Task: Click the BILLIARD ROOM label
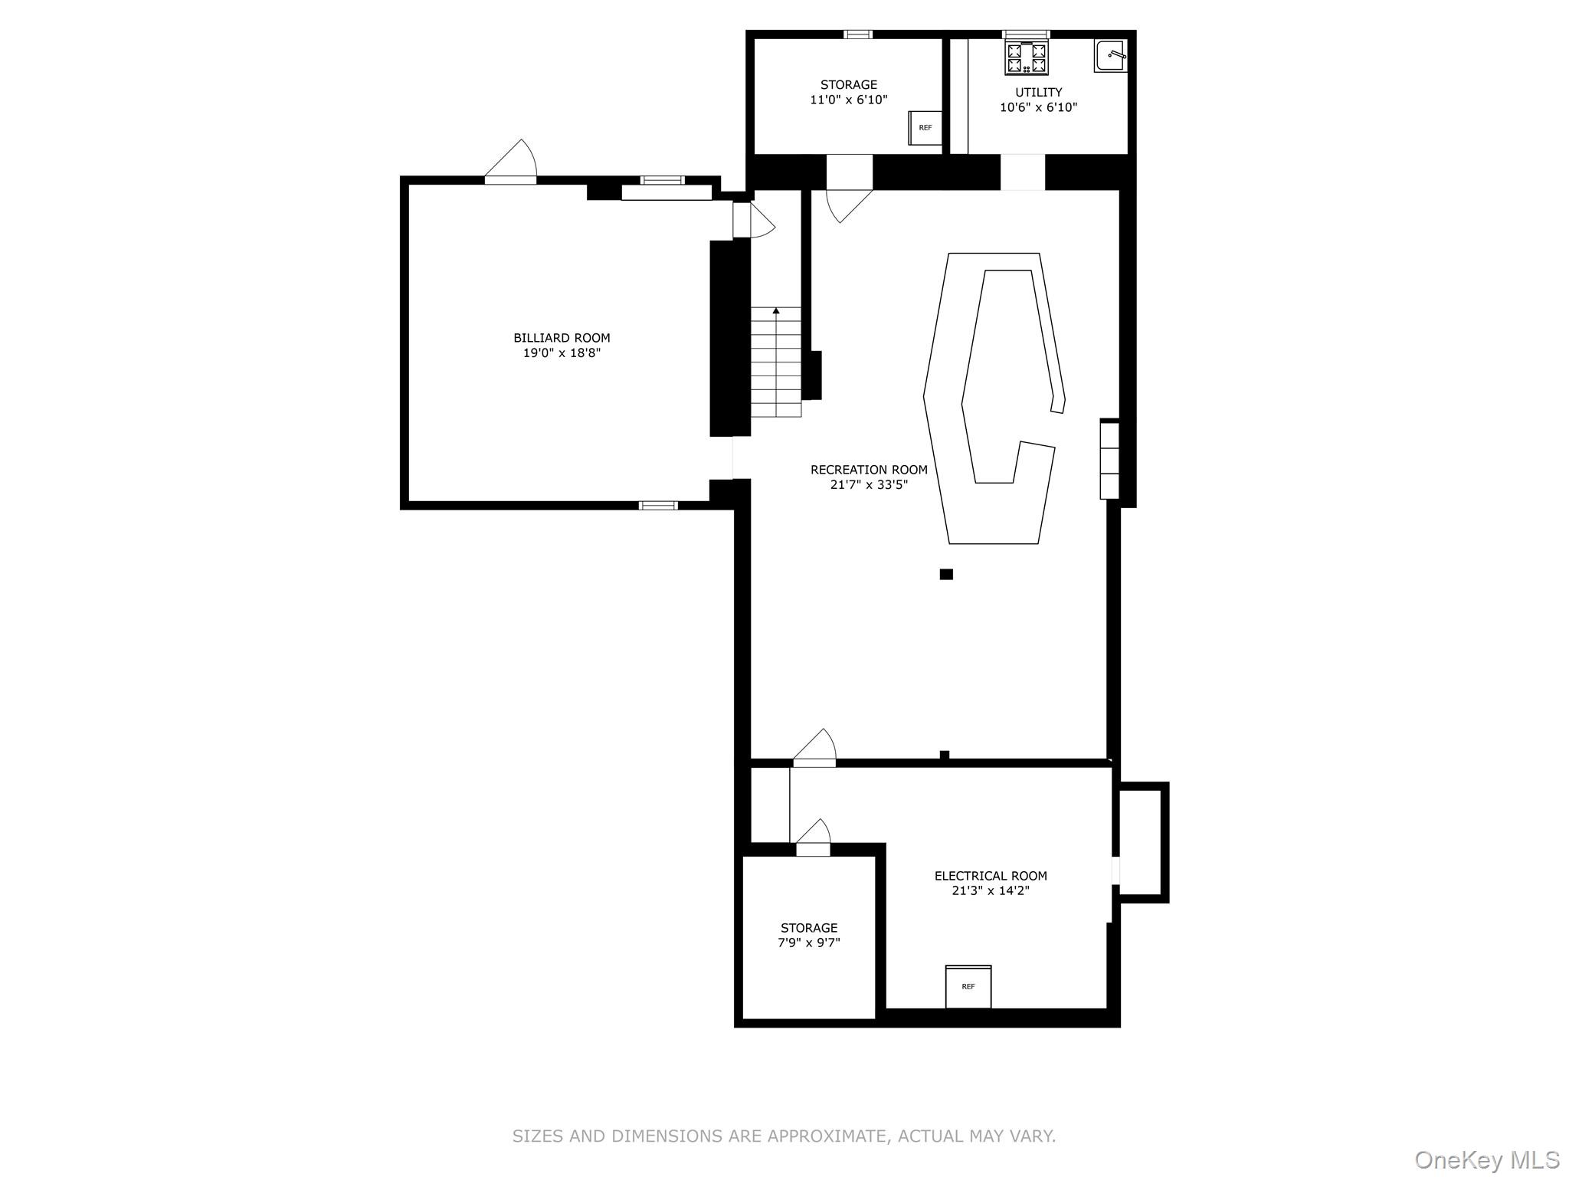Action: [x=562, y=338]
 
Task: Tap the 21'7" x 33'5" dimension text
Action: [x=869, y=485]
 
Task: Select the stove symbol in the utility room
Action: [x=1027, y=58]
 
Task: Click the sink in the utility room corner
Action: [x=1110, y=56]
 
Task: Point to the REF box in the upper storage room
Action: [x=925, y=128]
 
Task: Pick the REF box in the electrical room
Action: [x=968, y=987]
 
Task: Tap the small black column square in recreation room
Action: [x=946, y=575]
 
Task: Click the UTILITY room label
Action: [x=1038, y=93]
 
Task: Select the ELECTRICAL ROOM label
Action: [x=990, y=876]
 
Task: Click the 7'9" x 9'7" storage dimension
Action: [x=809, y=943]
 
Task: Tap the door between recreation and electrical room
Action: [x=814, y=749]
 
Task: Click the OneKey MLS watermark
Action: [x=1486, y=1160]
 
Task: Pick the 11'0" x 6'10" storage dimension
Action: [x=848, y=100]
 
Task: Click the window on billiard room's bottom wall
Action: [x=658, y=506]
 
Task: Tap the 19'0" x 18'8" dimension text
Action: [x=562, y=353]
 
